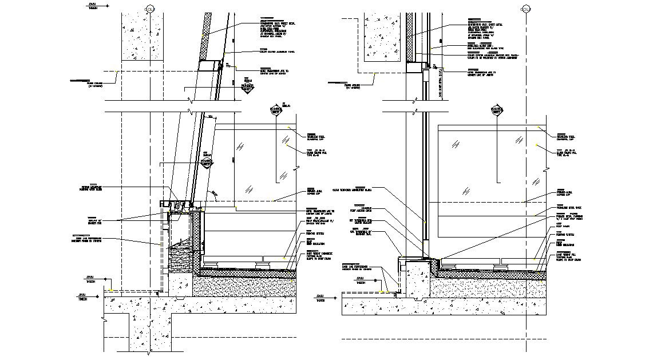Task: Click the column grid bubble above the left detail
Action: tap(151, 9)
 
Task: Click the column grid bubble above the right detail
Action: tap(525, 9)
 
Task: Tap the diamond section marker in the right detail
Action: tap(496, 110)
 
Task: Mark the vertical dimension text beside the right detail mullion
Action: tap(440, 89)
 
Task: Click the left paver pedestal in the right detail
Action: tap(448, 266)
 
